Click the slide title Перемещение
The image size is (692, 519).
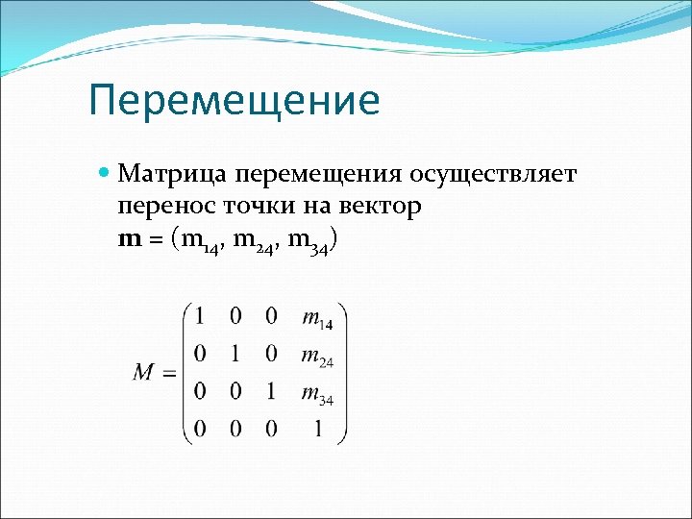click(234, 101)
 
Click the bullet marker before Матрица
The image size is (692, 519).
click(106, 174)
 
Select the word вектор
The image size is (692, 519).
click(378, 207)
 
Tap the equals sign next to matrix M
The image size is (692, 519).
click(169, 374)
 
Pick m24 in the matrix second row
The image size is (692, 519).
click(317, 356)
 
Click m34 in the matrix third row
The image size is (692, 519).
click(317, 393)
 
